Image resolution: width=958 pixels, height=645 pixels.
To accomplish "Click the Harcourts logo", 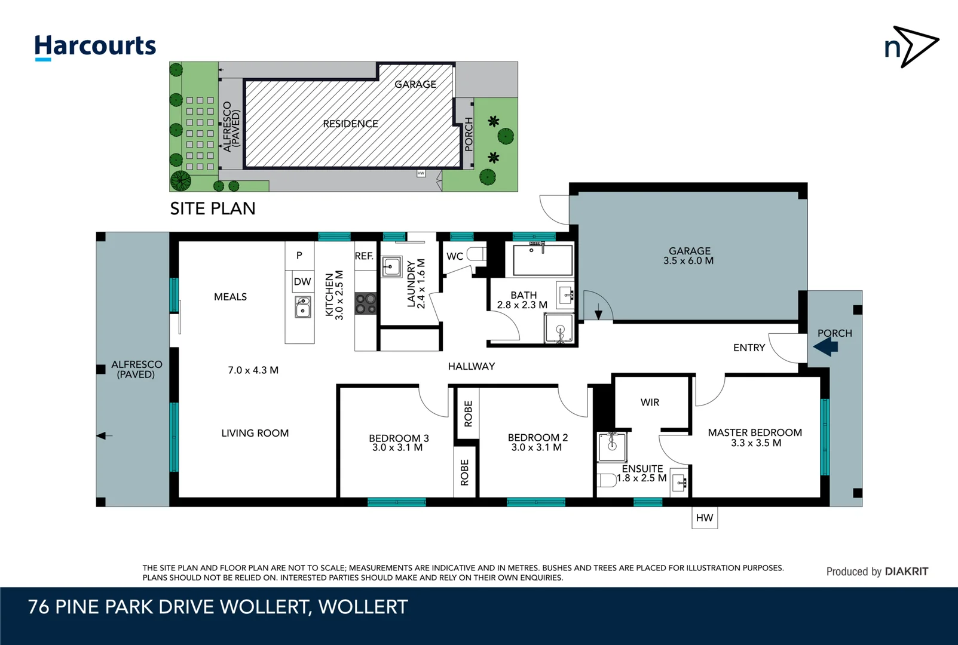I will point(95,47).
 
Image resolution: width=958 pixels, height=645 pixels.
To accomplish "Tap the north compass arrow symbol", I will point(911,47).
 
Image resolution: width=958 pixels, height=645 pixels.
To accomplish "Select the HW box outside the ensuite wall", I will point(705,518).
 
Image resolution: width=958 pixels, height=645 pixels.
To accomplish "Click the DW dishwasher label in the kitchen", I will point(302,282).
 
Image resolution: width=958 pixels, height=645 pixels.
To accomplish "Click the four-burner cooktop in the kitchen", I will point(366,303).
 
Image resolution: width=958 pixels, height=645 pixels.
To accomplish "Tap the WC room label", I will point(455,256).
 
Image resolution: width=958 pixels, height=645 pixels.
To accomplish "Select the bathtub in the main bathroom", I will point(543,259).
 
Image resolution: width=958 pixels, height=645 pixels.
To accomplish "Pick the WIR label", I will point(650,403).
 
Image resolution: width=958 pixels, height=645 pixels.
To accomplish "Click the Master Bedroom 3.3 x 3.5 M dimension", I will point(756,443).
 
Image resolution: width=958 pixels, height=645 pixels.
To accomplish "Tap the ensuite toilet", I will point(607,480).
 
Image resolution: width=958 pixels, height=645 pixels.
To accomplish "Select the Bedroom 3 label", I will point(399,438).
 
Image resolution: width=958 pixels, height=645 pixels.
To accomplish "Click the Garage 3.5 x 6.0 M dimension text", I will point(688,261).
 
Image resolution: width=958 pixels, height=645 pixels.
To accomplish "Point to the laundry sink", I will point(391,266).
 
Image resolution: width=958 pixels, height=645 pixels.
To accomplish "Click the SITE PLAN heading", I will point(213,208).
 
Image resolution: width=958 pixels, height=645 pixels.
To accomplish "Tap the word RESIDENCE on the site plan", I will point(350,124).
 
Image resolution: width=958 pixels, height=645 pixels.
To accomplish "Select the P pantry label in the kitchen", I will point(299,255).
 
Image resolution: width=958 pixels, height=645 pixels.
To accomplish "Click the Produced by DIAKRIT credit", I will point(877,572).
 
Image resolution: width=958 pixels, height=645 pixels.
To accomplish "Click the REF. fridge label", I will point(364,256).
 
